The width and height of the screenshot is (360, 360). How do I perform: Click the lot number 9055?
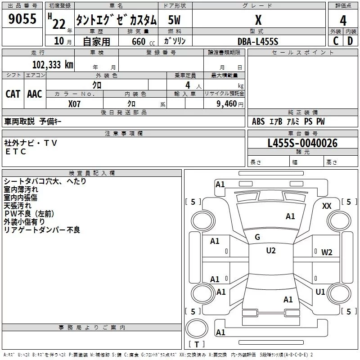click(x=22, y=19)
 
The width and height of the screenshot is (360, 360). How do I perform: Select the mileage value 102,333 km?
click(x=53, y=64)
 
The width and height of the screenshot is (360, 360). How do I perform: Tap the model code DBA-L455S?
click(x=258, y=41)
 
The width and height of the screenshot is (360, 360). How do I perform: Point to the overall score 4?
click(x=343, y=20)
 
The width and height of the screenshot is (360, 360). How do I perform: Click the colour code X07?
click(x=75, y=103)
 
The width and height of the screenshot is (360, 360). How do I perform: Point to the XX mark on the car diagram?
click(x=327, y=206)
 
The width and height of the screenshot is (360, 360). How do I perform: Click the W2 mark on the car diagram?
click(x=327, y=252)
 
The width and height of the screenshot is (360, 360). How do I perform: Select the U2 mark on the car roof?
click(x=270, y=251)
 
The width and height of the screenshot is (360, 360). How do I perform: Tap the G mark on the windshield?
click(x=257, y=237)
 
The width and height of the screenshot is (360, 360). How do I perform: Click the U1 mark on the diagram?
click(x=320, y=292)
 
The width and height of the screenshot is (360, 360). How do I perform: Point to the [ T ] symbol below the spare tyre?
click(x=196, y=345)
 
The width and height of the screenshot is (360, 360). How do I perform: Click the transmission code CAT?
click(x=13, y=94)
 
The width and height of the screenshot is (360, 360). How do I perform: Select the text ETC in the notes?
click(x=16, y=152)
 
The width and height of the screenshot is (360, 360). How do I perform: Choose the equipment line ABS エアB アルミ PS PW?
click(x=288, y=121)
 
